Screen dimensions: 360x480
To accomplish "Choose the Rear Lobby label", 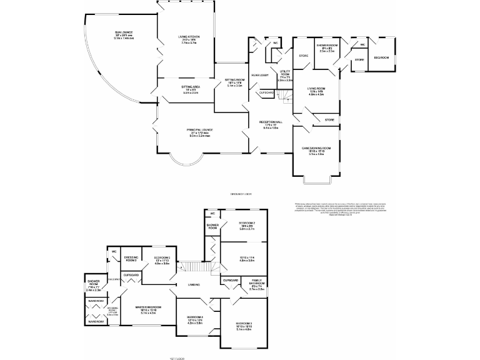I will point(260,76).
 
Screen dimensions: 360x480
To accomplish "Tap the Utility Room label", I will point(286,73).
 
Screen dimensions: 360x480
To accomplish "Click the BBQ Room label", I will point(381,58).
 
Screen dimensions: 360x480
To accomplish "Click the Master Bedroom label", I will point(149,307).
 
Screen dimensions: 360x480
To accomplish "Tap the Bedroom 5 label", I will point(162,257).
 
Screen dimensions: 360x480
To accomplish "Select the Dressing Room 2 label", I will point(131,257).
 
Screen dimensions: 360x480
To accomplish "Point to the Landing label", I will point(193,286).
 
